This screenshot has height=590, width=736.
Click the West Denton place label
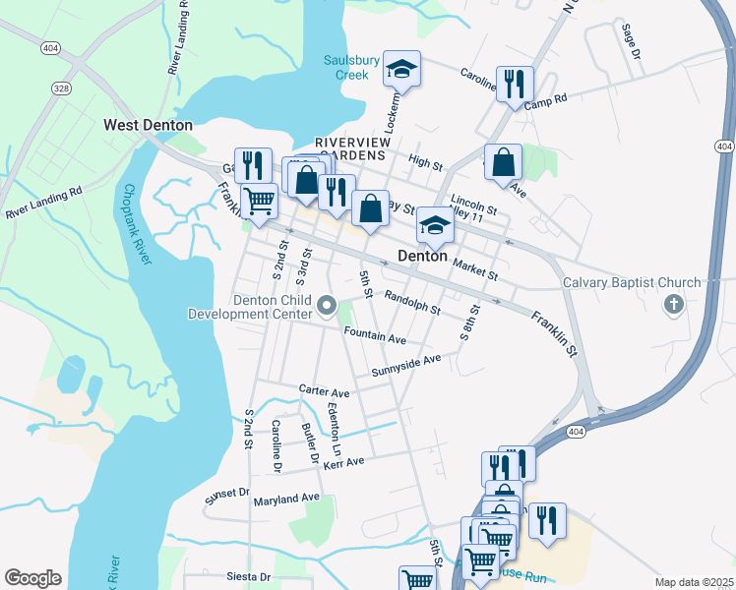(148, 125)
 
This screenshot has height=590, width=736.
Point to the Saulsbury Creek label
(351, 67)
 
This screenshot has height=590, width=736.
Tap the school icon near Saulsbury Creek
(401, 69)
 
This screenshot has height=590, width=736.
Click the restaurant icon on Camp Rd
(515, 85)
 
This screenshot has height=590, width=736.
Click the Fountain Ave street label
(375, 336)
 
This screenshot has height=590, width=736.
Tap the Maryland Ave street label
(287, 499)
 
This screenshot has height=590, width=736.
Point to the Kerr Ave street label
(343, 461)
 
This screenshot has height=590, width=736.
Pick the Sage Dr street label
(630, 40)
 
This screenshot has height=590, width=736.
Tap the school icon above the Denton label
(434, 225)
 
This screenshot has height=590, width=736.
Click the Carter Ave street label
(324, 390)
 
